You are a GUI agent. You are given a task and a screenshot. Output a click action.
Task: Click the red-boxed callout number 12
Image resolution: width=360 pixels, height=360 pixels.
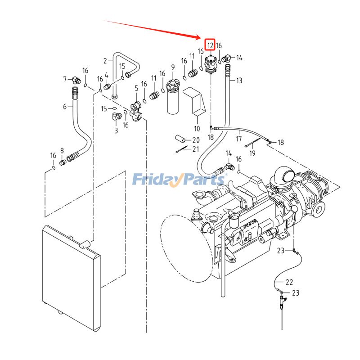(210, 45)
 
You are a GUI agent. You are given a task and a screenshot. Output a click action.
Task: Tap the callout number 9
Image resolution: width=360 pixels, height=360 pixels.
(172, 68)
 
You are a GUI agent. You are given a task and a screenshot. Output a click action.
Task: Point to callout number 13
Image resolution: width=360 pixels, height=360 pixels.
(239, 81)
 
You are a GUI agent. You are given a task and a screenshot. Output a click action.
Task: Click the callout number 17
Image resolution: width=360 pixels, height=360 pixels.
(238, 139)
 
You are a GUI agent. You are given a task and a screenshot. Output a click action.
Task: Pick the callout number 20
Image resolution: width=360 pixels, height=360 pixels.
(196, 140)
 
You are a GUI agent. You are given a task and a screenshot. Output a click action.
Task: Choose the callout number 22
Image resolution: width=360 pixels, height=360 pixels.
(289, 282)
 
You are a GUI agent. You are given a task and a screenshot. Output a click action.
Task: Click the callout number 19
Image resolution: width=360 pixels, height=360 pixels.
(252, 153)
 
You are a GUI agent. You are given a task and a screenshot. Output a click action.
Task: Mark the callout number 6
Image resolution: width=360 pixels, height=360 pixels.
(65, 107)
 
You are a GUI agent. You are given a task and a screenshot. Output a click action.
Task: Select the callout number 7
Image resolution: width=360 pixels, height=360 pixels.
(65, 80)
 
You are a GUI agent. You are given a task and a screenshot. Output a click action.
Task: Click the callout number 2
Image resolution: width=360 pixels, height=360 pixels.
(105, 61)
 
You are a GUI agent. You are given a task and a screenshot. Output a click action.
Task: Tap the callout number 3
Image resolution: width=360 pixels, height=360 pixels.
(116, 130)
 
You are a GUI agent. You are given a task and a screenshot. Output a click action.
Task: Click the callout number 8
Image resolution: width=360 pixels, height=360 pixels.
(62, 151)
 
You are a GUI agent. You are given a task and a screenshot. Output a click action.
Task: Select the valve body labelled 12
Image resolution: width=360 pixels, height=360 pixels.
(211, 64)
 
